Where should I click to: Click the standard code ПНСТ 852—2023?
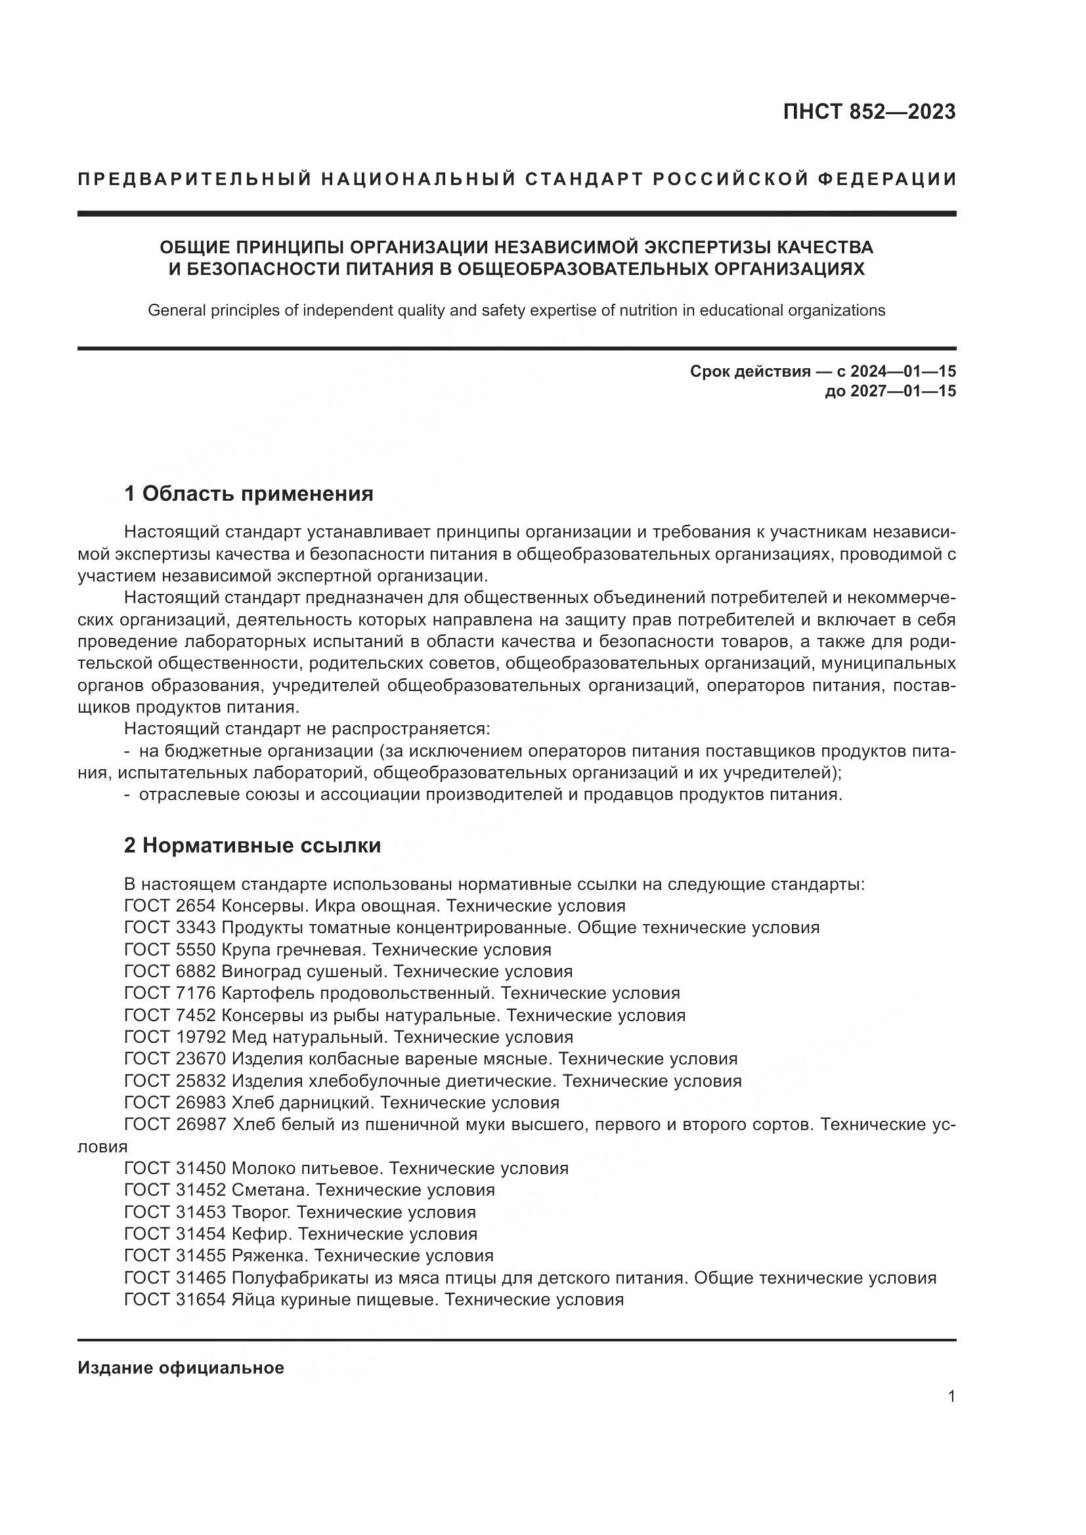coord(869,112)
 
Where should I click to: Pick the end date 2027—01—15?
coord(903,391)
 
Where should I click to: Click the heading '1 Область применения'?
coord(248,494)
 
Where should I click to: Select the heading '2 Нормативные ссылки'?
coord(252,846)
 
